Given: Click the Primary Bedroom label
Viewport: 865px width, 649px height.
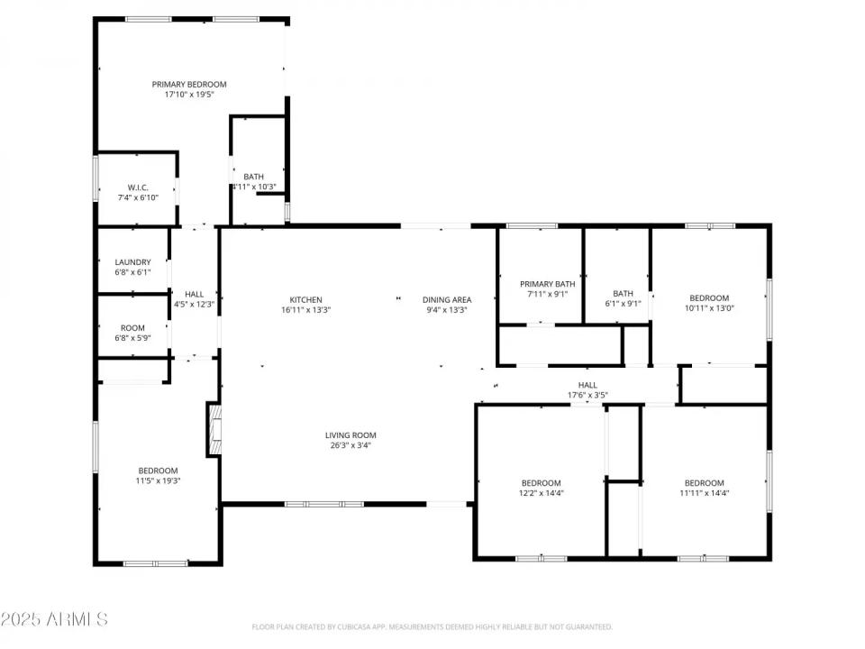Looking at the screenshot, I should pyautogui.click(x=189, y=84).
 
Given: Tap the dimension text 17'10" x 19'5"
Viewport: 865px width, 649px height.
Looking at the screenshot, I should pyautogui.click(x=189, y=95).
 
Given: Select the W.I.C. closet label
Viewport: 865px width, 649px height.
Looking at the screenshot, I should pyautogui.click(x=138, y=187).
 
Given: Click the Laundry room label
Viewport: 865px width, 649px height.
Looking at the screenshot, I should pyautogui.click(x=133, y=262).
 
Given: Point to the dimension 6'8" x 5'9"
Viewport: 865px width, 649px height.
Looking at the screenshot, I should pyautogui.click(x=133, y=338).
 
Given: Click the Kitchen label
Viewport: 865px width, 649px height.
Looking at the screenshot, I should pyautogui.click(x=305, y=300).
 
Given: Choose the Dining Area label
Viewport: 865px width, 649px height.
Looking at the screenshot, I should pyautogui.click(x=448, y=300).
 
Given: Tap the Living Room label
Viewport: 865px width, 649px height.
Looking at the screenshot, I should pyautogui.click(x=351, y=434).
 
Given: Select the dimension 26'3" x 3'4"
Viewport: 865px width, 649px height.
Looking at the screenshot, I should pyautogui.click(x=350, y=445).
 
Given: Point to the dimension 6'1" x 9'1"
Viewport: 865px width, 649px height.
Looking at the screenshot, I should pyautogui.click(x=624, y=304).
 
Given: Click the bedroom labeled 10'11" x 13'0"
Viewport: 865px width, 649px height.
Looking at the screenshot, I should pyautogui.click(x=709, y=304).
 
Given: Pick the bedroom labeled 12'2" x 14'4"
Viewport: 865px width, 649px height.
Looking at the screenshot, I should pyautogui.click(x=542, y=488).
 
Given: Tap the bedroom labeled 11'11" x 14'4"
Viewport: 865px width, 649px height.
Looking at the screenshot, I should pyautogui.click(x=704, y=488).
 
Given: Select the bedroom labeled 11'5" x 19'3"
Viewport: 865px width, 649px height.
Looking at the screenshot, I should pyautogui.click(x=158, y=476).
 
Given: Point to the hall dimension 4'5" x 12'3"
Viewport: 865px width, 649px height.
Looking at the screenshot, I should pyautogui.click(x=194, y=305).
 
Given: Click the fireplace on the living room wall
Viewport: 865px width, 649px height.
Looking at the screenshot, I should pyautogui.click(x=214, y=431).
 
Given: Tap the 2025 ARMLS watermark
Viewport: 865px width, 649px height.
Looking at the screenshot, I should pyautogui.click(x=54, y=619).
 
